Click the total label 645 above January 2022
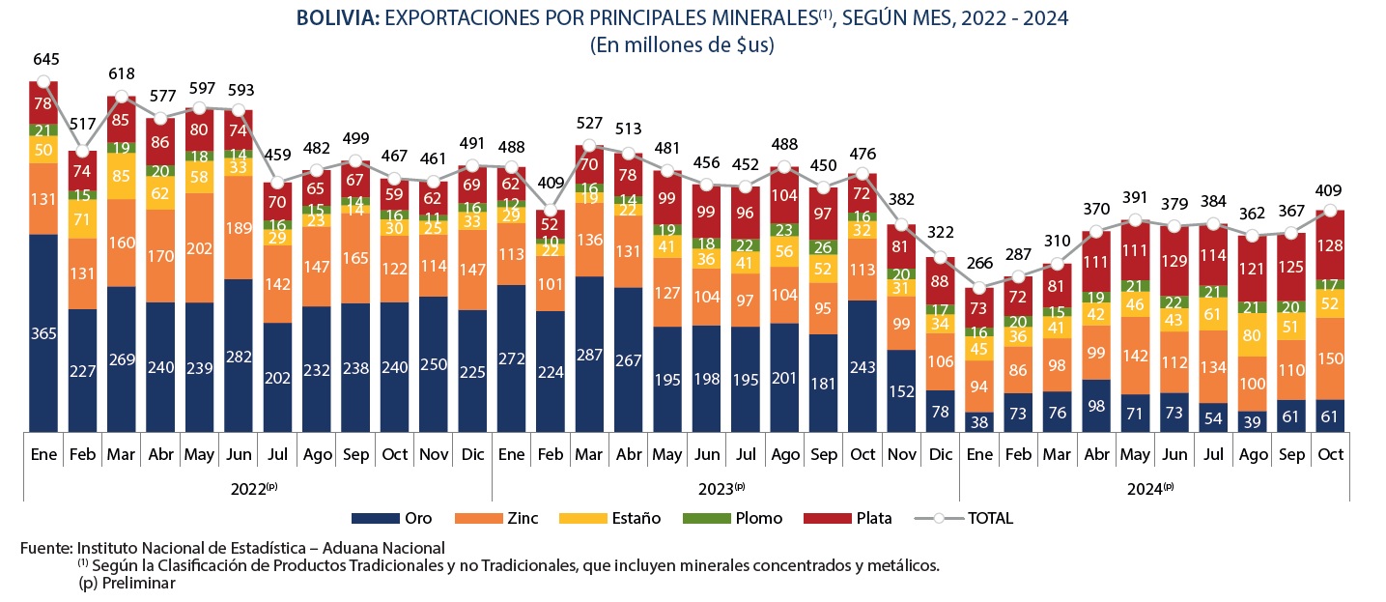tap(43, 60)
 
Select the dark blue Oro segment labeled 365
tap(43, 332)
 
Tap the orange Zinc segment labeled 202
tap(199, 247)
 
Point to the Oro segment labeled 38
tap(979, 421)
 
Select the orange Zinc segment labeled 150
tap(1331, 358)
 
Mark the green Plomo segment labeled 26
tap(823, 247)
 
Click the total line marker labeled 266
tap(979, 288)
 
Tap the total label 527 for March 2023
tap(589, 124)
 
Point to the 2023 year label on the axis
tap(725, 488)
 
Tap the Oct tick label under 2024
tap(1331, 454)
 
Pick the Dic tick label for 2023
tap(940, 454)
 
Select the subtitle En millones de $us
tap(683, 44)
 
